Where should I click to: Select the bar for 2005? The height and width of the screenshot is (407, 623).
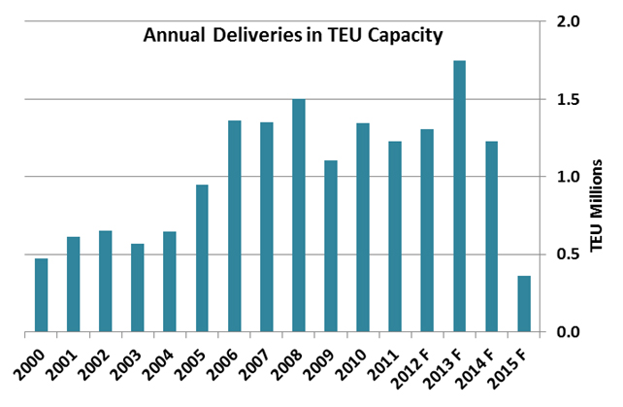point(202,258)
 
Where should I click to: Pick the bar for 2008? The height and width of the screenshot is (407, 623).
point(299,216)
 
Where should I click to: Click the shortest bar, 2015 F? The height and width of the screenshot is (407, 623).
point(524,304)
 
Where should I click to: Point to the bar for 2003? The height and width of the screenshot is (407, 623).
point(138,288)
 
